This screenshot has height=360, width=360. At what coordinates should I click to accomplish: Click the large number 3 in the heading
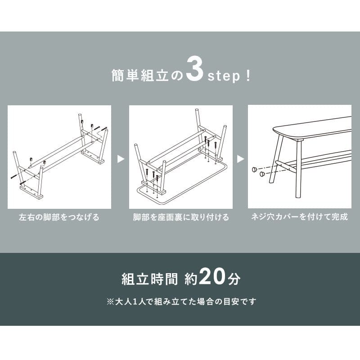[x=195, y=69]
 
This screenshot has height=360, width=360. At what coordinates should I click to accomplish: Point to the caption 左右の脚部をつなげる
[x=59, y=217]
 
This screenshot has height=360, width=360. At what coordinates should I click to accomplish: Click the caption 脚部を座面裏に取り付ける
[x=181, y=217]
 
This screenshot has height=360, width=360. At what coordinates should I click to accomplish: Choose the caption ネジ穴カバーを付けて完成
[x=300, y=217]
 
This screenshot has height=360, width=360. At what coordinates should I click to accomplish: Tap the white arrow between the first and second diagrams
[x=121, y=159]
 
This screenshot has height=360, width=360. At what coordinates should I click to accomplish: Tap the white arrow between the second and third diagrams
[x=240, y=159]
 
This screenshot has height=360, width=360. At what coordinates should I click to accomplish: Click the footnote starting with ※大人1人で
[x=181, y=301]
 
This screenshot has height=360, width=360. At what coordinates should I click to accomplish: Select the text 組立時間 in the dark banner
[x=150, y=279]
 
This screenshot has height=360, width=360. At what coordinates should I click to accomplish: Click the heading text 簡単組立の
[x=147, y=75]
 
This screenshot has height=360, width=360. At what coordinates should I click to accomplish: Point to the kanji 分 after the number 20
[x=234, y=279]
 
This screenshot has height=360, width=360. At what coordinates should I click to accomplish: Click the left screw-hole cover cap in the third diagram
[x=254, y=170]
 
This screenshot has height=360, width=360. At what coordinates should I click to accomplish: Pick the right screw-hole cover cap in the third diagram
[x=262, y=174]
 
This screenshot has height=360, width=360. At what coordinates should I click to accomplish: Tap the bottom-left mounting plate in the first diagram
[x=31, y=192]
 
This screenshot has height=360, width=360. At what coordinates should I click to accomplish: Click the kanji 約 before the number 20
[x=191, y=279]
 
